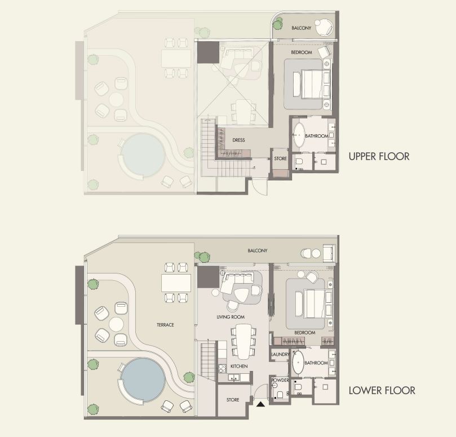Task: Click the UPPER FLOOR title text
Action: [x=379, y=156]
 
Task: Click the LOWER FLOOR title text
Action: [x=382, y=390]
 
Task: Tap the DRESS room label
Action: [x=238, y=140]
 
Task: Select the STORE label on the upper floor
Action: [x=280, y=159]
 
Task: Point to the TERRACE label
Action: [x=165, y=325]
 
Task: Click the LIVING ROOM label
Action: [x=229, y=317]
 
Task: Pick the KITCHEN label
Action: [x=239, y=367]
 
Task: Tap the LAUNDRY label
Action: [x=280, y=355]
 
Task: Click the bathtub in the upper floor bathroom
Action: [x=298, y=136]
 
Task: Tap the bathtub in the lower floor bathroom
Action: [x=298, y=363]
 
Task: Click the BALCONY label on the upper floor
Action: [x=302, y=28]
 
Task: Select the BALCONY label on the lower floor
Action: [x=258, y=250]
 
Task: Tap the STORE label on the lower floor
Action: [x=233, y=400]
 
